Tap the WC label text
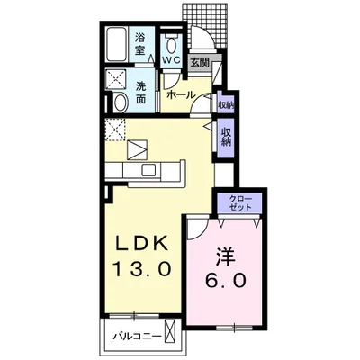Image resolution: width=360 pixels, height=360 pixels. [x=169, y=59]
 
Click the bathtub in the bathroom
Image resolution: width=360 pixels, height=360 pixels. [x=114, y=44]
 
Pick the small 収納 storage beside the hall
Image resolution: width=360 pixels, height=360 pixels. [x=223, y=103]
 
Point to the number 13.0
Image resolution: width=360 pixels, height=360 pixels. [x=142, y=269]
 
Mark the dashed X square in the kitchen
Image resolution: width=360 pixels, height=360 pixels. [x=114, y=130]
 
